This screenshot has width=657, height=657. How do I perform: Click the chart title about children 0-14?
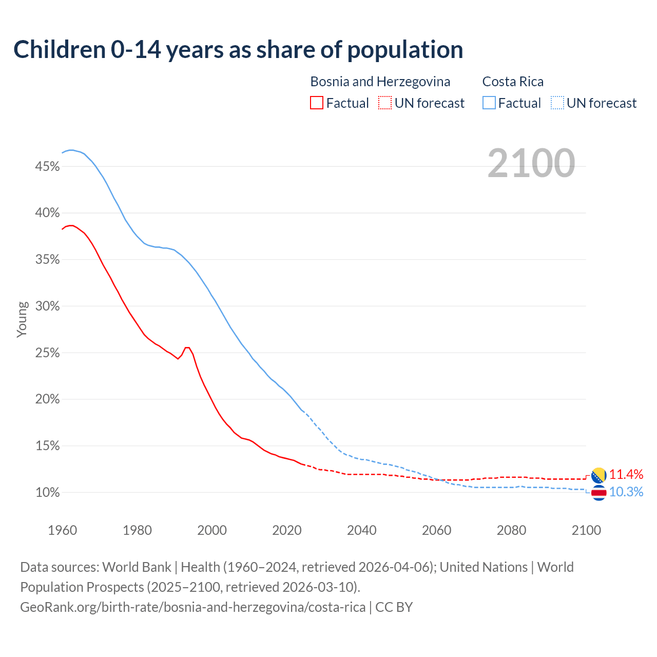[238, 50]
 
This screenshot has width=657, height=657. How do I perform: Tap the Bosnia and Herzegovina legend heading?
[380, 82]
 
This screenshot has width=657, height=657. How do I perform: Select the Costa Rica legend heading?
[512, 82]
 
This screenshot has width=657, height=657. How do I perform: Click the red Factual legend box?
[317, 103]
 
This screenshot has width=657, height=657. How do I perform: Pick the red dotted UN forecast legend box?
[385, 103]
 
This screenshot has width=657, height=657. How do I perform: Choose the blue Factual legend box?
[489, 103]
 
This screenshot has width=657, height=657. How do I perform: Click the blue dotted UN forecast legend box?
[557, 103]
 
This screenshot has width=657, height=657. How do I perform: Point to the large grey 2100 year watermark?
[531, 163]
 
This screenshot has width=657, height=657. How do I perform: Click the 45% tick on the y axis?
[47, 166]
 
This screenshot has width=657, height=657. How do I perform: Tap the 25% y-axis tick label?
[47, 353]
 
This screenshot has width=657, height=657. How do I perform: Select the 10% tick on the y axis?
[47, 493]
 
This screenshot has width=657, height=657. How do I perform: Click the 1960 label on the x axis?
[62, 530]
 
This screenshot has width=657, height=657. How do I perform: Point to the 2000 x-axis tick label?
[212, 530]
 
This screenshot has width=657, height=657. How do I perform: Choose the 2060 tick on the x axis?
[436, 530]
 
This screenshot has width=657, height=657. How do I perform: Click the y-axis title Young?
[22, 319]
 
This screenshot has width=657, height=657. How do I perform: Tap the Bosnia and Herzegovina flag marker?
[598, 475]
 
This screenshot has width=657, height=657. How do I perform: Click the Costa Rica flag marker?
[598, 493]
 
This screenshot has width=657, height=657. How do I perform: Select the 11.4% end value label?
[626, 474]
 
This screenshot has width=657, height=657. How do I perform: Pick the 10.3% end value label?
[626, 492]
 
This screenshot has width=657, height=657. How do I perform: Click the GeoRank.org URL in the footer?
[192, 607]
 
